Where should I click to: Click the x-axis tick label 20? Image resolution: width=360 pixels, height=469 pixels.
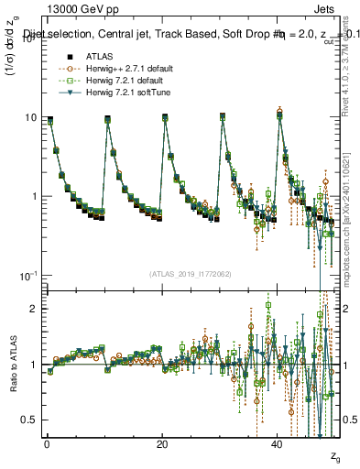(x=162, y=444)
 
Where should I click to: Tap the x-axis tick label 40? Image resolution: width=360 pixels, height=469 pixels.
(x=278, y=444)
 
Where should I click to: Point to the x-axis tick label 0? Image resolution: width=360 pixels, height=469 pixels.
(x=47, y=444)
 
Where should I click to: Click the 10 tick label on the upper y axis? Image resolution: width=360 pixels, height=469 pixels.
(x=30, y=118)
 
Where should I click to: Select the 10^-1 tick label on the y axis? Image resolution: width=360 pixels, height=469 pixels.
(x=28, y=276)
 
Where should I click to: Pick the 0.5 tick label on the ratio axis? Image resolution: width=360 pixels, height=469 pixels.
(x=29, y=420)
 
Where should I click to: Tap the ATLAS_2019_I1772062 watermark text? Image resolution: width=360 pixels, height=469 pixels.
(x=191, y=273)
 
